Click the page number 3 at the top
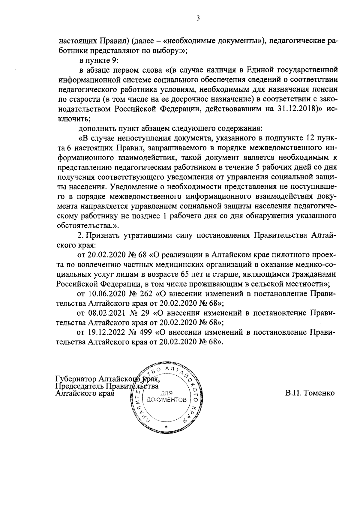point(198,18)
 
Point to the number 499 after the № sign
point(145,332)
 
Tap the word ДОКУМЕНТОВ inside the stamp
point(167,400)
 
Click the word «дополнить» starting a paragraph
point(94,128)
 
